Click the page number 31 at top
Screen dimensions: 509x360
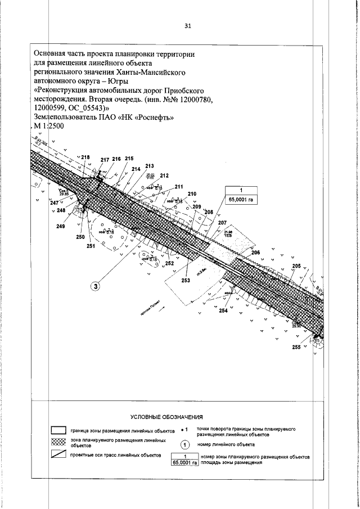[x=188, y=25]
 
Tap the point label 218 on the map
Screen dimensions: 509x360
[x=85, y=157]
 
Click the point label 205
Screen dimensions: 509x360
[x=296, y=266]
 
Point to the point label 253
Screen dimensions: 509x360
[x=186, y=280]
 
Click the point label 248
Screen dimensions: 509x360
[x=61, y=210]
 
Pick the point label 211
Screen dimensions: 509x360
[x=179, y=187]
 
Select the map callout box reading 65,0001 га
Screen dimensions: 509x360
[x=241, y=199]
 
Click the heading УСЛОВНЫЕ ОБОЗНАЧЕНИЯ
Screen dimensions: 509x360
[x=166, y=417]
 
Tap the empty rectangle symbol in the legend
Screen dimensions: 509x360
[x=59, y=430]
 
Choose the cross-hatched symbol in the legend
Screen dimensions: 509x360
[x=59, y=442]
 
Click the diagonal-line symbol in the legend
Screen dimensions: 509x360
[x=59, y=454]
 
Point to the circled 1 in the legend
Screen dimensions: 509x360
[x=190, y=444]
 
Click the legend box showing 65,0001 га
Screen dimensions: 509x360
[x=185, y=463]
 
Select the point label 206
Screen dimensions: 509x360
[x=255, y=253]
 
